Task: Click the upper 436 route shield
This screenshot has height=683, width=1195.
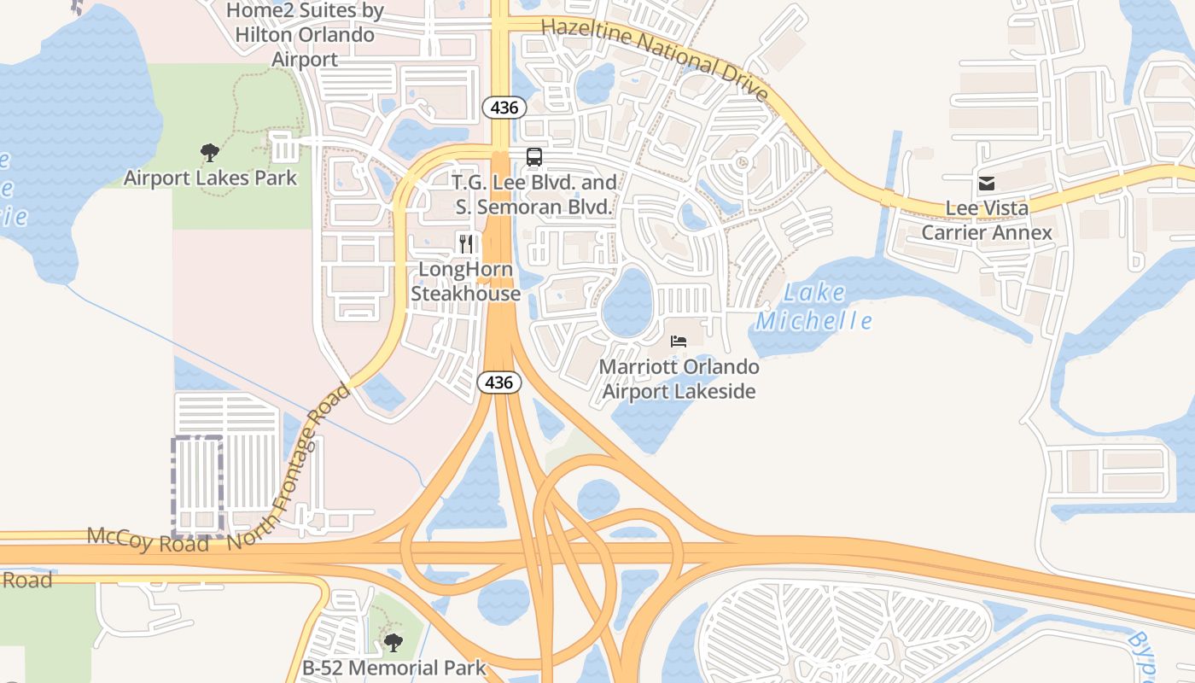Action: click(504, 108)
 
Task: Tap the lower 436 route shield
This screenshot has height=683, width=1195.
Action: click(498, 382)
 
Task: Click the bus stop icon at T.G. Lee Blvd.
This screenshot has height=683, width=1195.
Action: click(534, 157)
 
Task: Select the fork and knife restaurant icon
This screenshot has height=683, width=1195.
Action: click(465, 244)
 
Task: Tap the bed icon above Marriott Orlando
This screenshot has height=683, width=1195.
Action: click(679, 341)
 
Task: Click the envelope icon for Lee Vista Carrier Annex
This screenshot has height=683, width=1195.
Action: click(987, 184)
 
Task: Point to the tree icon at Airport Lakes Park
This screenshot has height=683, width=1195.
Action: click(210, 154)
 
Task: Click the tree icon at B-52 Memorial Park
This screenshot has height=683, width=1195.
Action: click(393, 642)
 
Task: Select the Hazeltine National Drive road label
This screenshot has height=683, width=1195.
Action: click(656, 58)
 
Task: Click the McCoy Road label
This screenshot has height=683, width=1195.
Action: click(148, 540)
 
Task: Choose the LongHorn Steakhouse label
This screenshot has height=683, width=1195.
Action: click(466, 282)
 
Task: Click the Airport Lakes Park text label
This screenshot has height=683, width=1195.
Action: click(210, 178)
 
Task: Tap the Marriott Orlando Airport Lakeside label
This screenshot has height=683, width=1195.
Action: click(679, 379)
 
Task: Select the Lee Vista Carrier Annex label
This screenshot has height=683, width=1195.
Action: click(987, 220)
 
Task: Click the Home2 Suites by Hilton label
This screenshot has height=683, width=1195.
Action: click(305, 35)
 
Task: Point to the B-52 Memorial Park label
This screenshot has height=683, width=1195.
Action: click(393, 668)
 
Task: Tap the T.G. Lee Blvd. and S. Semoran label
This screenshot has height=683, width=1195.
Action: click(533, 195)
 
